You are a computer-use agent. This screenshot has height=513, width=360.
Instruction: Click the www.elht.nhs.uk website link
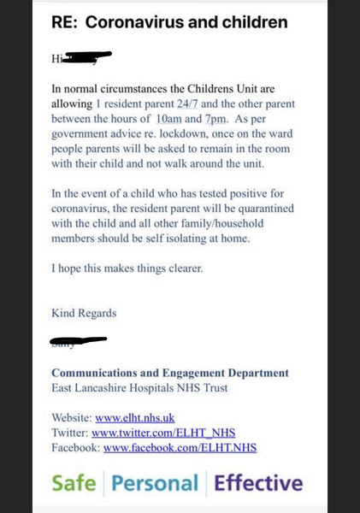pyautogui.click(x=135, y=418)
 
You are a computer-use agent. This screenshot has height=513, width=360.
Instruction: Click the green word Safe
pyautogui.click(x=74, y=484)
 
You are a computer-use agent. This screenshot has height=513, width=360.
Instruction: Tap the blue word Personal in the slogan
pyautogui.click(x=154, y=484)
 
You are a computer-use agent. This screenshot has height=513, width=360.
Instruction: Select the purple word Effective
pyautogui.click(x=258, y=484)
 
